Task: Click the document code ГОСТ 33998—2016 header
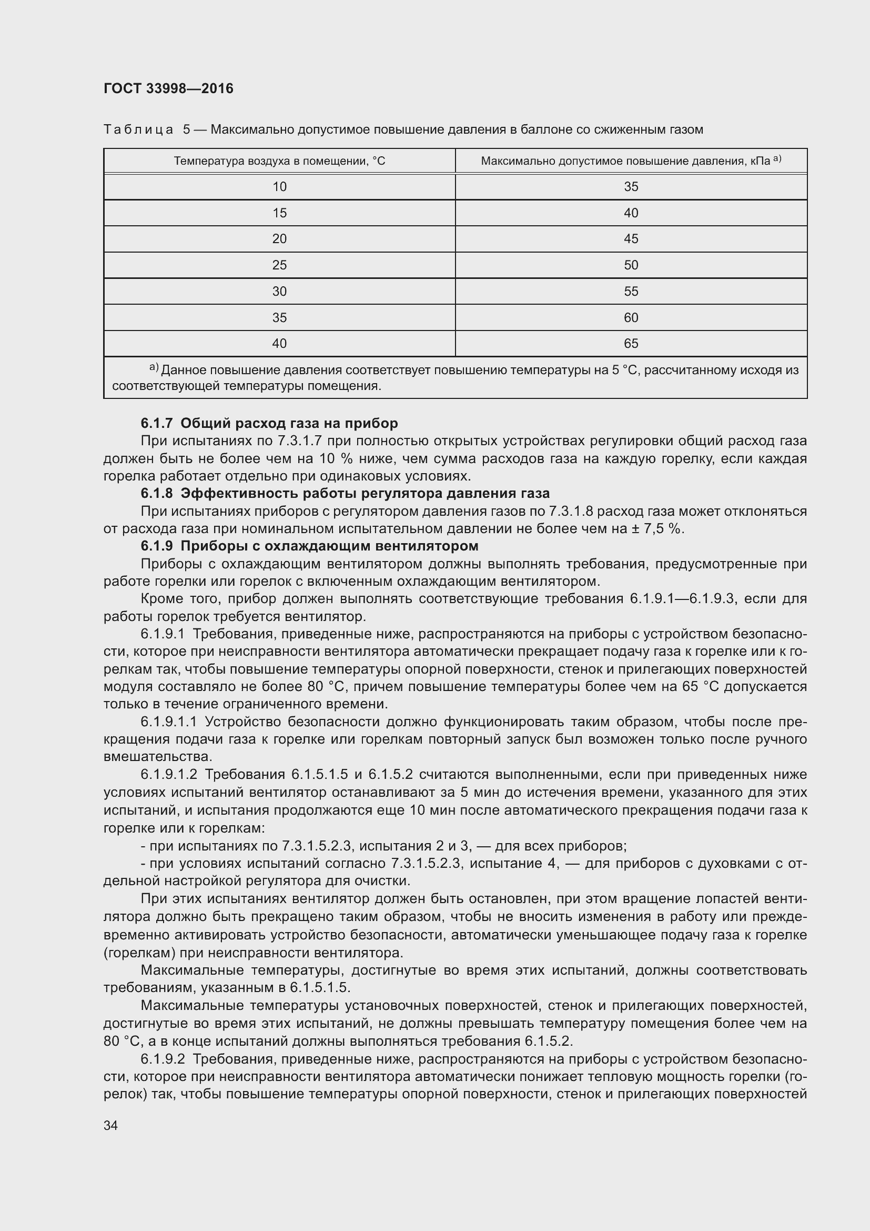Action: (x=168, y=88)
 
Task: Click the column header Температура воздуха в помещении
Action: (x=279, y=161)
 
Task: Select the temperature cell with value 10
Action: (x=279, y=187)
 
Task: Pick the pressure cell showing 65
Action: (x=631, y=343)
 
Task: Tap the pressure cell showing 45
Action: (x=631, y=238)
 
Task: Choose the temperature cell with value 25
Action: (x=279, y=265)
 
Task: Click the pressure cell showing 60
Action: (x=631, y=317)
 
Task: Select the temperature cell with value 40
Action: (x=279, y=343)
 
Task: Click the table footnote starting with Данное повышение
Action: (x=456, y=377)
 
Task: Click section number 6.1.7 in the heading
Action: (x=156, y=424)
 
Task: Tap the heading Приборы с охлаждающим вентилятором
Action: (x=329, y=546)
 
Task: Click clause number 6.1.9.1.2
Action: (x=169, y=775)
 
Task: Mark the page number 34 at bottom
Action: (x=110, y=1125)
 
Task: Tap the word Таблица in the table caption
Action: (x=138, y=130)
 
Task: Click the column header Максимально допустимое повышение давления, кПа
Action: (x=631, y=161)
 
